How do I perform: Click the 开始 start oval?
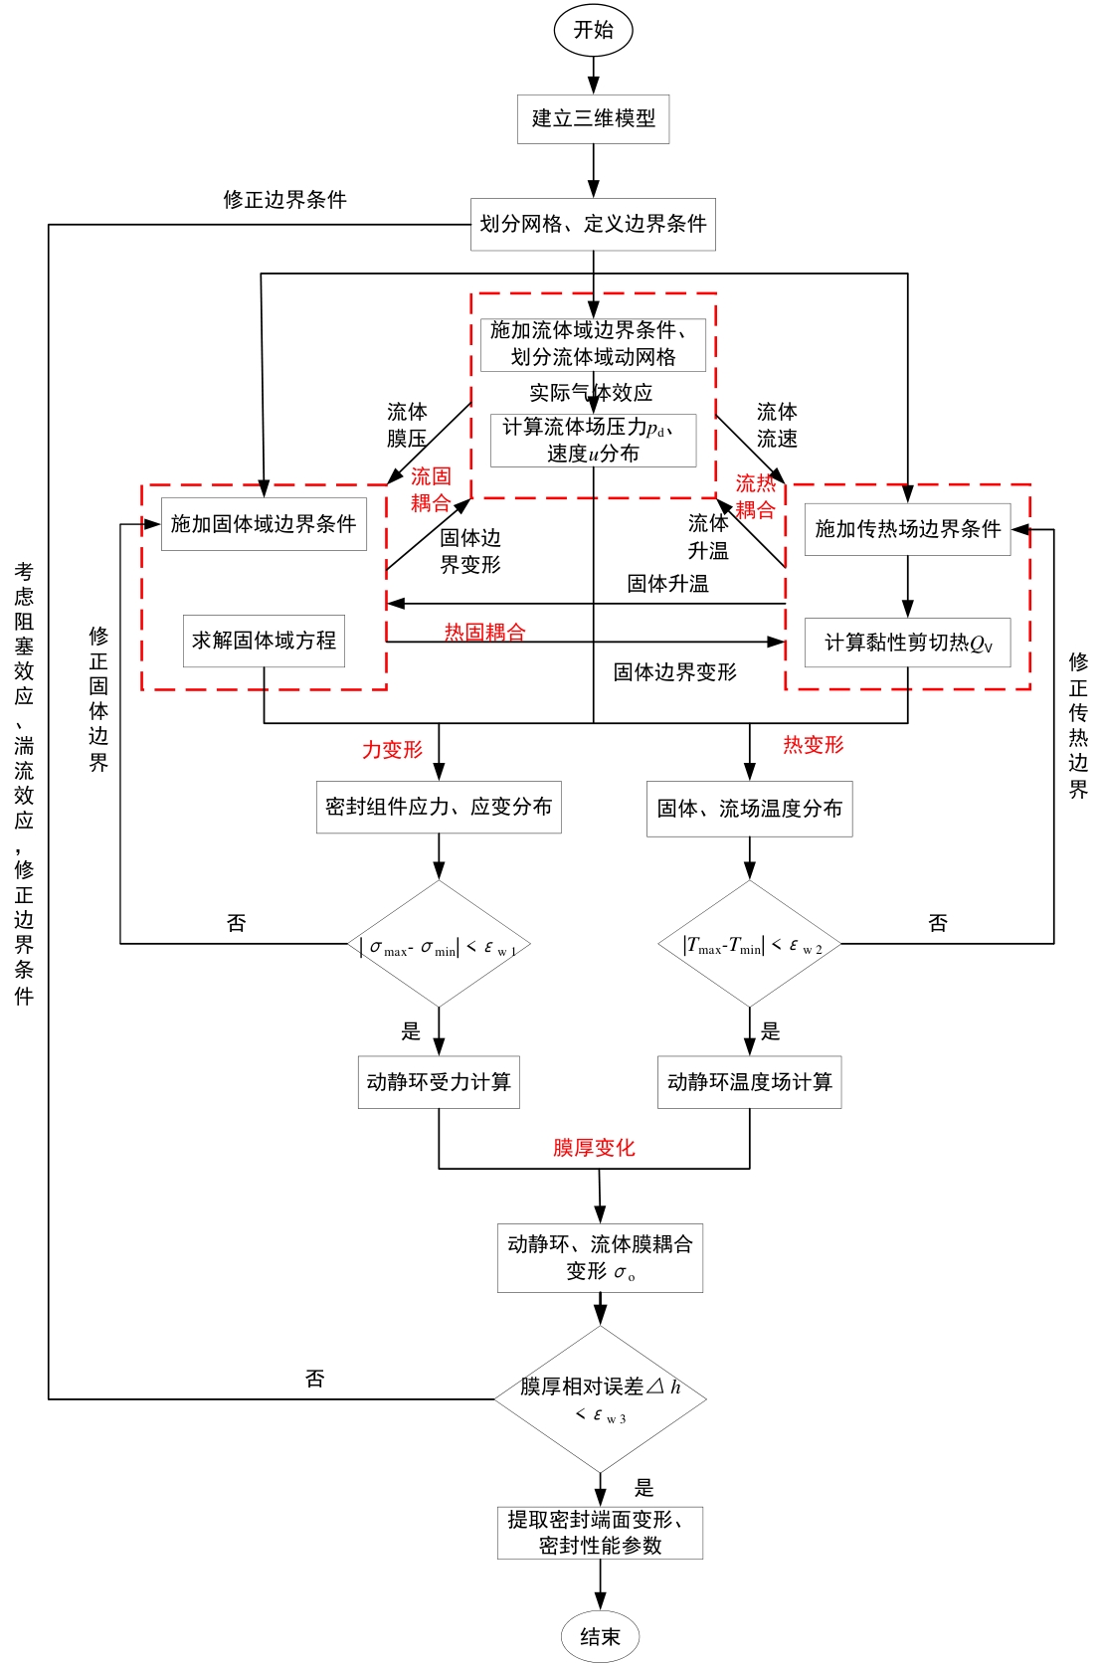coord(593,30)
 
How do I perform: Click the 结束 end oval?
coord(600,1636)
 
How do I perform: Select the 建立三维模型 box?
coord(593,119)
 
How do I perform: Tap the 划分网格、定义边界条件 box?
coord(593,225)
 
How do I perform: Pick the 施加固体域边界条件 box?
coord(264,524)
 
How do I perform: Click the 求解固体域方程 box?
coord(264,641)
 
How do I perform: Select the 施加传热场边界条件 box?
coord(907,529)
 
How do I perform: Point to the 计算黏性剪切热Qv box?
coord(907,643)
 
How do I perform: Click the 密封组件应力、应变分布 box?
coord(439,807)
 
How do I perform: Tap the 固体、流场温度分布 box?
coord(749,809)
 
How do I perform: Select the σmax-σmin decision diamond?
coord(439,945)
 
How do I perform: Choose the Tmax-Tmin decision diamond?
coord(750,945)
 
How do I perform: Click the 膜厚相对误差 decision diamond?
coord(600,1398)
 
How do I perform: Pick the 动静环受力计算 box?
coord(439,1082)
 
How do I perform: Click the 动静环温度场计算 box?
coord(749,1082)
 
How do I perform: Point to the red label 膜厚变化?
coord(594,1148)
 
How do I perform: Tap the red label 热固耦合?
coord(484,632)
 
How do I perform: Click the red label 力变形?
coord(392,750)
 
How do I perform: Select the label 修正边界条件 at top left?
coord(284,200)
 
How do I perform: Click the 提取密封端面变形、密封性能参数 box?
coord(600,1533)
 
